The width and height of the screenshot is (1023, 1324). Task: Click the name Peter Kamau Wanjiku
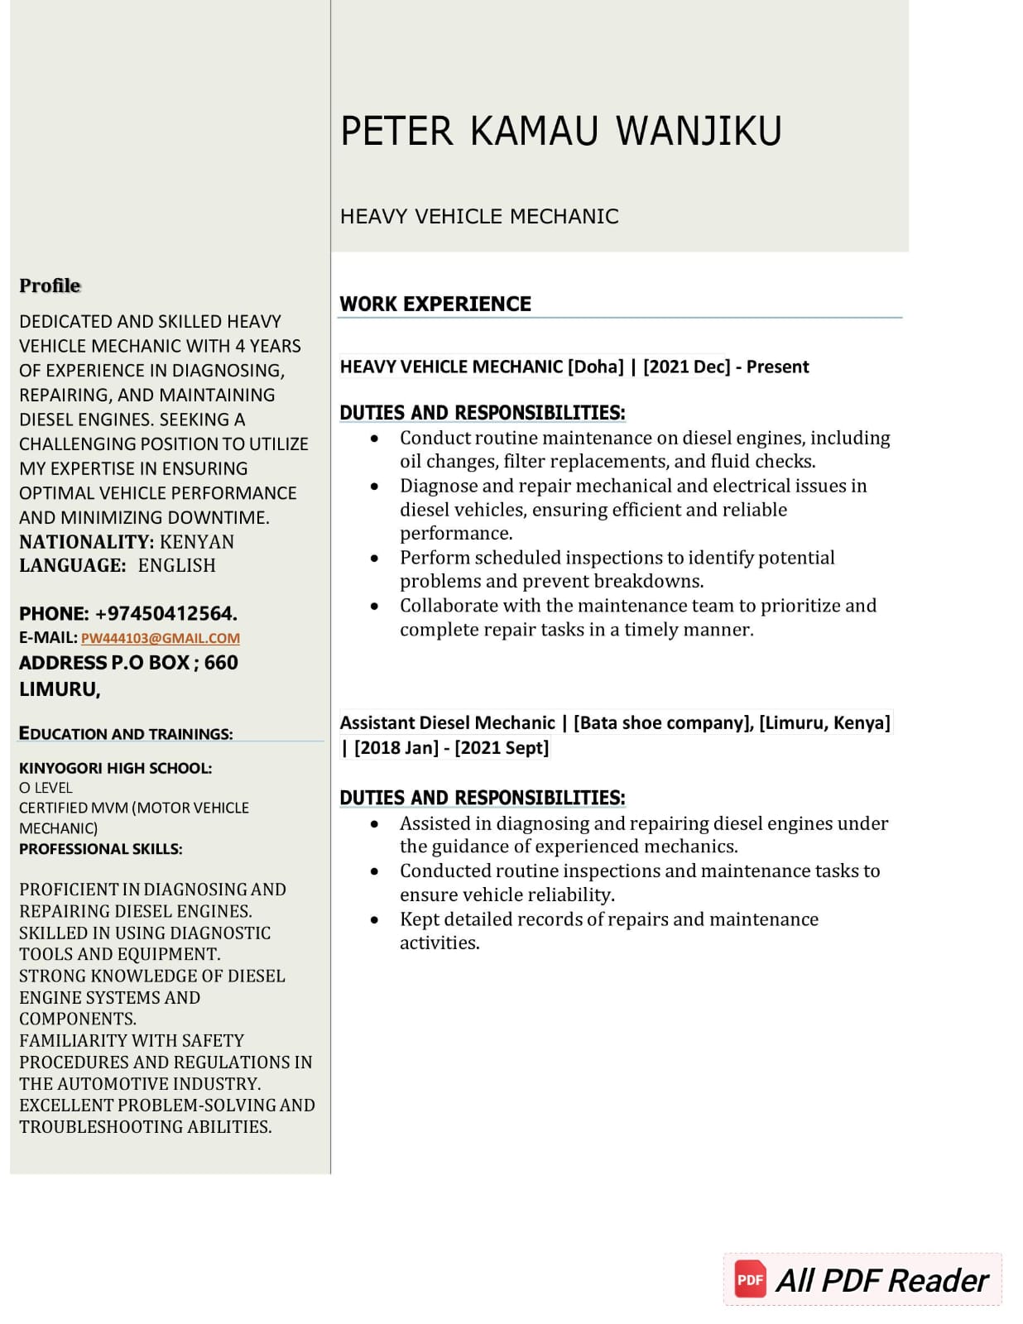point(560,131)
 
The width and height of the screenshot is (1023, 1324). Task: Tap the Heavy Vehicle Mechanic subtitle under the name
point(479,217)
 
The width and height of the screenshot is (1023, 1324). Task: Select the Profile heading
point(50,285)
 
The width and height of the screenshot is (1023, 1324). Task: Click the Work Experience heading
point(435,304)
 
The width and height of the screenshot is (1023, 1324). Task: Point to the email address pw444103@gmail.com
point(161,638)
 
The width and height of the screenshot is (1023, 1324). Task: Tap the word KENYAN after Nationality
point(197,542)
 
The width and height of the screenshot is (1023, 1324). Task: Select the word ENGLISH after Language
point(176,566)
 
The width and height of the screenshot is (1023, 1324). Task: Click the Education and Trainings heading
point(126,734)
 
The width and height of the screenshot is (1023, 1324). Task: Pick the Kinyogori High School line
point(115,768)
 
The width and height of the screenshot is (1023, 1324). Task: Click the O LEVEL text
point(46,788)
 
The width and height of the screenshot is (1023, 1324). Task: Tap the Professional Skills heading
point(101,849)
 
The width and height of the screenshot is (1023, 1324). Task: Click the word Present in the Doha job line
point(777,367)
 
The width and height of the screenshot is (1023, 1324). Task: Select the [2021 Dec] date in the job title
point(686,367)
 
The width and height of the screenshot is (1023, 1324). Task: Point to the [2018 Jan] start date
point(396,748)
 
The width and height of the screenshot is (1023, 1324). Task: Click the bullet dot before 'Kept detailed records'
point(375,919)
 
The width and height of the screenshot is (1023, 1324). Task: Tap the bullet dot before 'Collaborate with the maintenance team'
point(375,606)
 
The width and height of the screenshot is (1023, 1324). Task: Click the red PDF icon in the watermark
point(750,1279)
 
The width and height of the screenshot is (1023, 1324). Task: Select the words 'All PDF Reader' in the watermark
point(881,1280)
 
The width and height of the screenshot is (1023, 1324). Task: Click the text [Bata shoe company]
point(663,723)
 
